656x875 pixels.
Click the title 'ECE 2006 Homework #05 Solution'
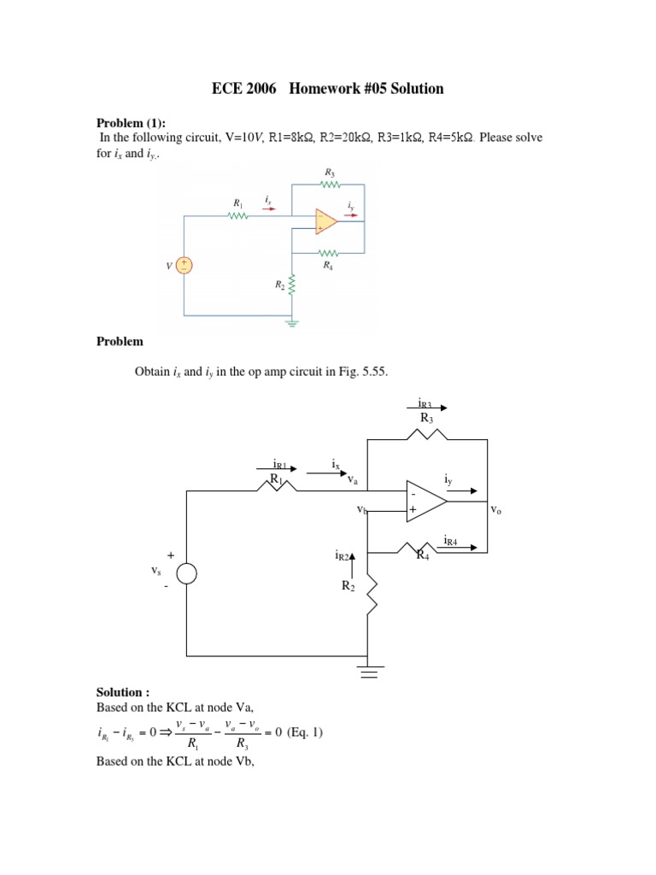click(x=327, y=89)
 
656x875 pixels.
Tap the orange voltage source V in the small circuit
click(x=184, y=266)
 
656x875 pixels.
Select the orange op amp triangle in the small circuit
click(x=325, y=220)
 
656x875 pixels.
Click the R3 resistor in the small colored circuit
click(x=329, y=184)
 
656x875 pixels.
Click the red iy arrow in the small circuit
click(x=351, y=215)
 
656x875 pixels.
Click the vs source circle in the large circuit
click(x=186, y=573)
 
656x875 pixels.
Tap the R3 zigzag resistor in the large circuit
click(x=427, y=435)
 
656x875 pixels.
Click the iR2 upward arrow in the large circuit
click(x=353, y=560)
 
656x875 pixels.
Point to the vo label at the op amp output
click(x=495, y=509)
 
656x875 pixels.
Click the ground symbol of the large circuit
click(x=368, y=672)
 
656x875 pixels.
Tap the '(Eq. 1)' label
click(x=305, y=733)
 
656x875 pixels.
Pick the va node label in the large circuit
click(x=352, y=481)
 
